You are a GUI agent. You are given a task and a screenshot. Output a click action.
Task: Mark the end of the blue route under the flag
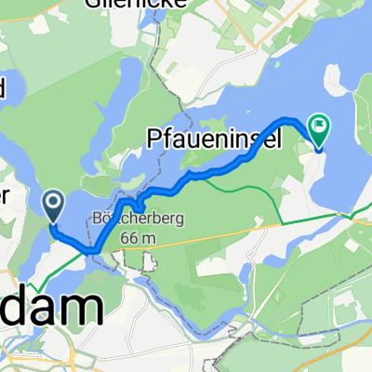319,147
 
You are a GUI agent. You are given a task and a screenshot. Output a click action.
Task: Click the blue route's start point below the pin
52,223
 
